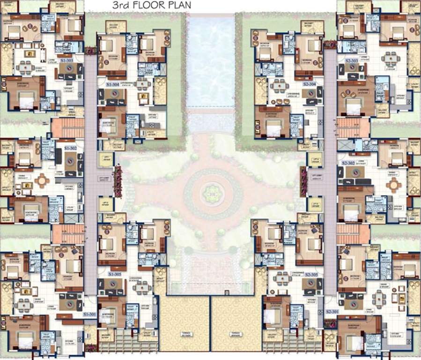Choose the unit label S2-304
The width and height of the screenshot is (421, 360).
coord(310,84)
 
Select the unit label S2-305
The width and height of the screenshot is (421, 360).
coord(311,274)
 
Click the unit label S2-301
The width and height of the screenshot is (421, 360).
coord(332,312)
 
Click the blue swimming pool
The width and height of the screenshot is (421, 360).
coord(211,61)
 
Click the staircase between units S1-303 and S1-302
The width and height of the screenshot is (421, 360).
coord(68,127)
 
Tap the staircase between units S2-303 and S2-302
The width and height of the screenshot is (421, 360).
coord(354,127)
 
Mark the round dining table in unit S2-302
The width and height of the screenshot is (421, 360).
coord(394,185)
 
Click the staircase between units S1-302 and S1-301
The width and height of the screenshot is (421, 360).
coord(68,234)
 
